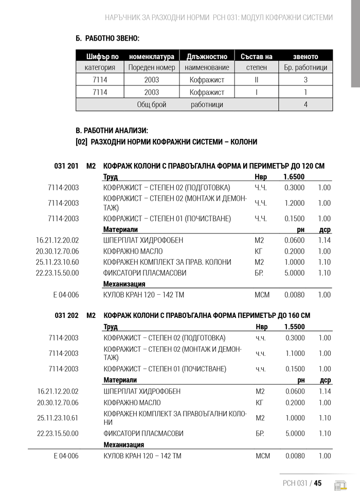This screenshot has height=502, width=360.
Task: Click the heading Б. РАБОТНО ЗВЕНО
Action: coord(107,38)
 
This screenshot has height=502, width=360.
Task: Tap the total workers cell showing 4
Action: coord(305,104)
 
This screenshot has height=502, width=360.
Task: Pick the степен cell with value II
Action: coord(256,80)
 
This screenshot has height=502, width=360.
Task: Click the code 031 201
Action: coord(66,166)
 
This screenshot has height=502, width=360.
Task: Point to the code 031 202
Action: coord(66,315)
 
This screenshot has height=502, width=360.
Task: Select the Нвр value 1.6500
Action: coord(294,177)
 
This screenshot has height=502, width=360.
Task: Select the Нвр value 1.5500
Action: coord(294,327)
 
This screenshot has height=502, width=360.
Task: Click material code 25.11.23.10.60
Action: coord(58,262)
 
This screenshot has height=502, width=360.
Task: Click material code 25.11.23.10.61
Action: coord(58,418)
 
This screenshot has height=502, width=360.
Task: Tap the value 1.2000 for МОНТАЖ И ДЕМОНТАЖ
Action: coord(294,203)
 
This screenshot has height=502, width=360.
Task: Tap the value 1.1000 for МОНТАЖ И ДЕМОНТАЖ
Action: coord(295,353)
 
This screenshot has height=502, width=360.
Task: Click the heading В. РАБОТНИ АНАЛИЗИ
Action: coord(112,131)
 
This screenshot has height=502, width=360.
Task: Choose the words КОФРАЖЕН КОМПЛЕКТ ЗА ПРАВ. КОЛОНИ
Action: coord(167,262)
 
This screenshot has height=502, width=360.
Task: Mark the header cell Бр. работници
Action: coord(305,67)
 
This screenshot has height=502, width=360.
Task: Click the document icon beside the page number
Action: coord(340,485)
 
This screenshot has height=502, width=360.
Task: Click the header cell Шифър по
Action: coord(102,56)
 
